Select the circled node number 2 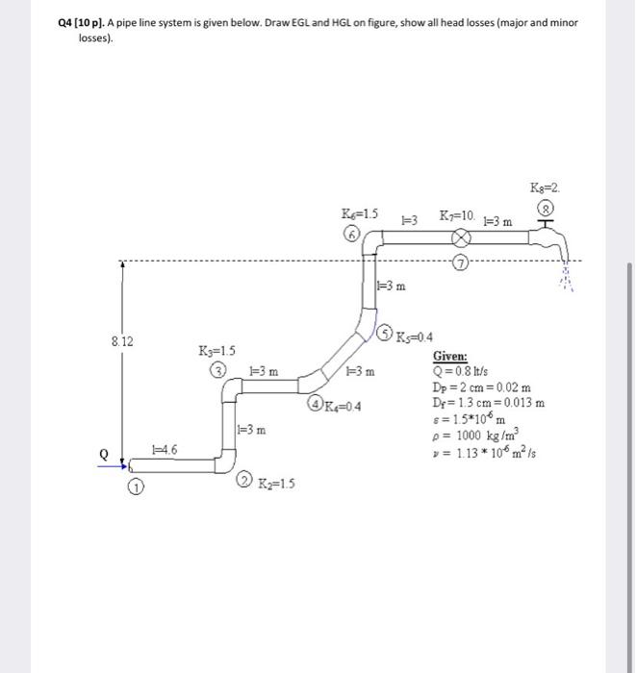coord(244,481)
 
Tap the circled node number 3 coord(220,369)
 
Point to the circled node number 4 coord(315,403)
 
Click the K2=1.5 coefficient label coord(276,482)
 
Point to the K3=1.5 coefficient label coord(216,350)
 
